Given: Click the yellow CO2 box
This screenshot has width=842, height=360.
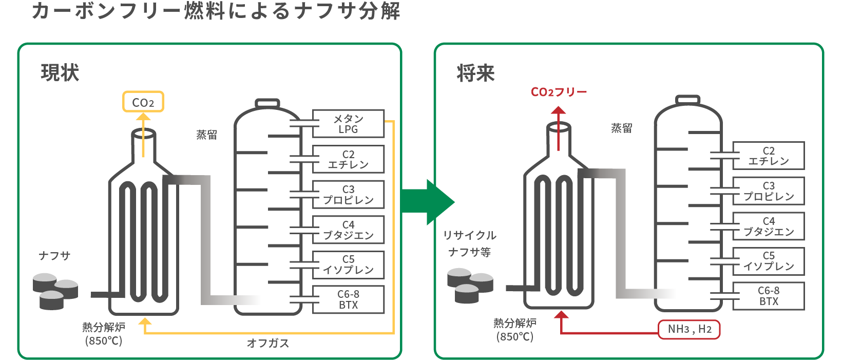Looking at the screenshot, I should [x=143, y=102].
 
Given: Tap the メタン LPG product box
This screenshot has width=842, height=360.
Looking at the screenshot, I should [x=348, y=124].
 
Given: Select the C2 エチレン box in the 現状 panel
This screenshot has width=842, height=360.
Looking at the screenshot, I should [x=348, y=159].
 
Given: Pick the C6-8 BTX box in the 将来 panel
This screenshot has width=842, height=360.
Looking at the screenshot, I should [x=768, y=296].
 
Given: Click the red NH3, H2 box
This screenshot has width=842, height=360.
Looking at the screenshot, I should [x=689, y=329].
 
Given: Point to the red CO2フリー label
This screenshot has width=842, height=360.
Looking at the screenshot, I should [x=559, y=92].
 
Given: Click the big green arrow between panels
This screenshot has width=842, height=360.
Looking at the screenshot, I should [x=427, y=202].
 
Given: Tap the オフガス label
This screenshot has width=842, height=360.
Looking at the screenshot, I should [x=267, y=343].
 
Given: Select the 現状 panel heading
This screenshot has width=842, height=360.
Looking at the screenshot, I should [x=60, y=72].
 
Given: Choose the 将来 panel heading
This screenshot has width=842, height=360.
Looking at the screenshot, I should [x=475, y=73].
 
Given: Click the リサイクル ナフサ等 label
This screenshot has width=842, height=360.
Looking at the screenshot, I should [x=470, y=243].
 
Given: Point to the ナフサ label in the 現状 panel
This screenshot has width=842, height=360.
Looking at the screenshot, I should [x=54, y=256].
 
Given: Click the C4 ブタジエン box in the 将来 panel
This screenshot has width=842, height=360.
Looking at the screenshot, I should [x=768, y=226].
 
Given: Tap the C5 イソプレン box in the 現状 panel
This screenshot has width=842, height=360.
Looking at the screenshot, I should [x=348, y=264].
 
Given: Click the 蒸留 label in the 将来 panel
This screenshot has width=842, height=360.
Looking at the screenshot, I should [x=621, y=128].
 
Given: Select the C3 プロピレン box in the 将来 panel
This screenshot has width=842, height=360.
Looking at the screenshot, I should [x=768, y=191].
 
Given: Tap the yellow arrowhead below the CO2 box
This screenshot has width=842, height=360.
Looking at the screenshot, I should [x=143, y=118].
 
